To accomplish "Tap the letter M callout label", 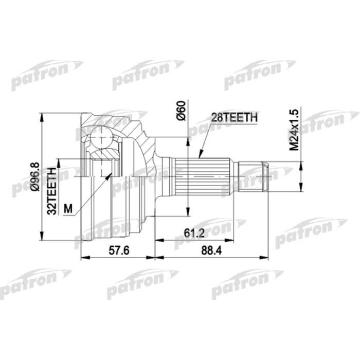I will pyautogui.click(x=68, y=208).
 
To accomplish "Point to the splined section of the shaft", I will pyautogui.click(x=205, y=175).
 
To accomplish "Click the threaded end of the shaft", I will pyautogui.click(x=252, y=175).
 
